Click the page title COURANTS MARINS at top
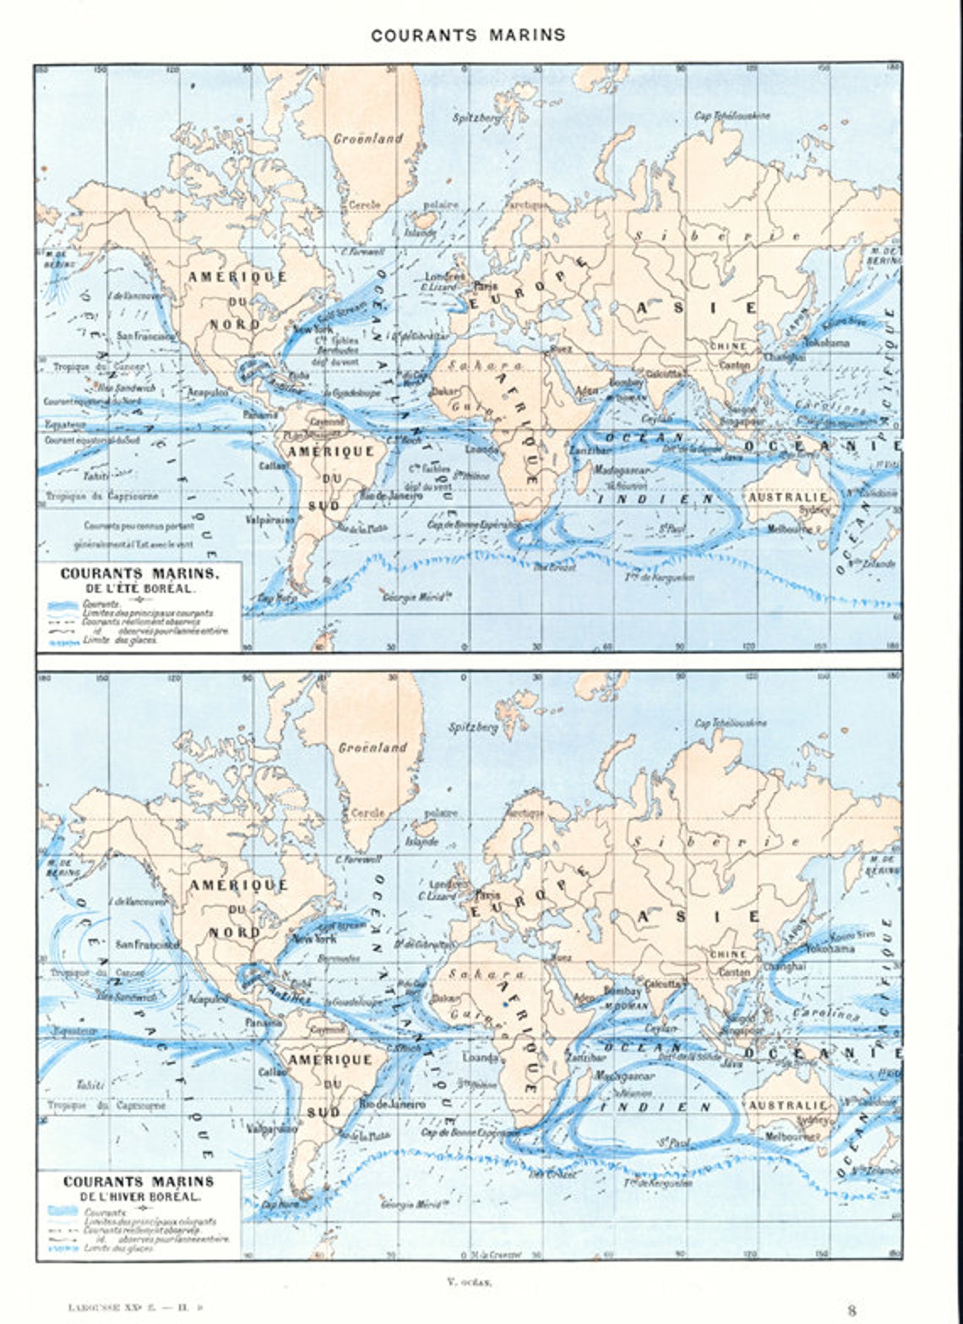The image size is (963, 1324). (468, 35)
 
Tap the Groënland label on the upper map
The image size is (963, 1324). (367, 138)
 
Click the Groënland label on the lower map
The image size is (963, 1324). (373, 747)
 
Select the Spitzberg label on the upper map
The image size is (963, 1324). (476, 118)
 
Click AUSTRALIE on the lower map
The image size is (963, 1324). (789, 1105)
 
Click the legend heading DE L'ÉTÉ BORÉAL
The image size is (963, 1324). (139, 587)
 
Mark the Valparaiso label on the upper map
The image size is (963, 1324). (270, 520)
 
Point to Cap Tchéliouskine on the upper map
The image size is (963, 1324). (732, 116)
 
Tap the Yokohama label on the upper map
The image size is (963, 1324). (827, 344)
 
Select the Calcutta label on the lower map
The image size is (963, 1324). (662, 984)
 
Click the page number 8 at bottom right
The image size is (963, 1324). (851, 1310)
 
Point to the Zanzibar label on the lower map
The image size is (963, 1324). (585, 1057)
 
